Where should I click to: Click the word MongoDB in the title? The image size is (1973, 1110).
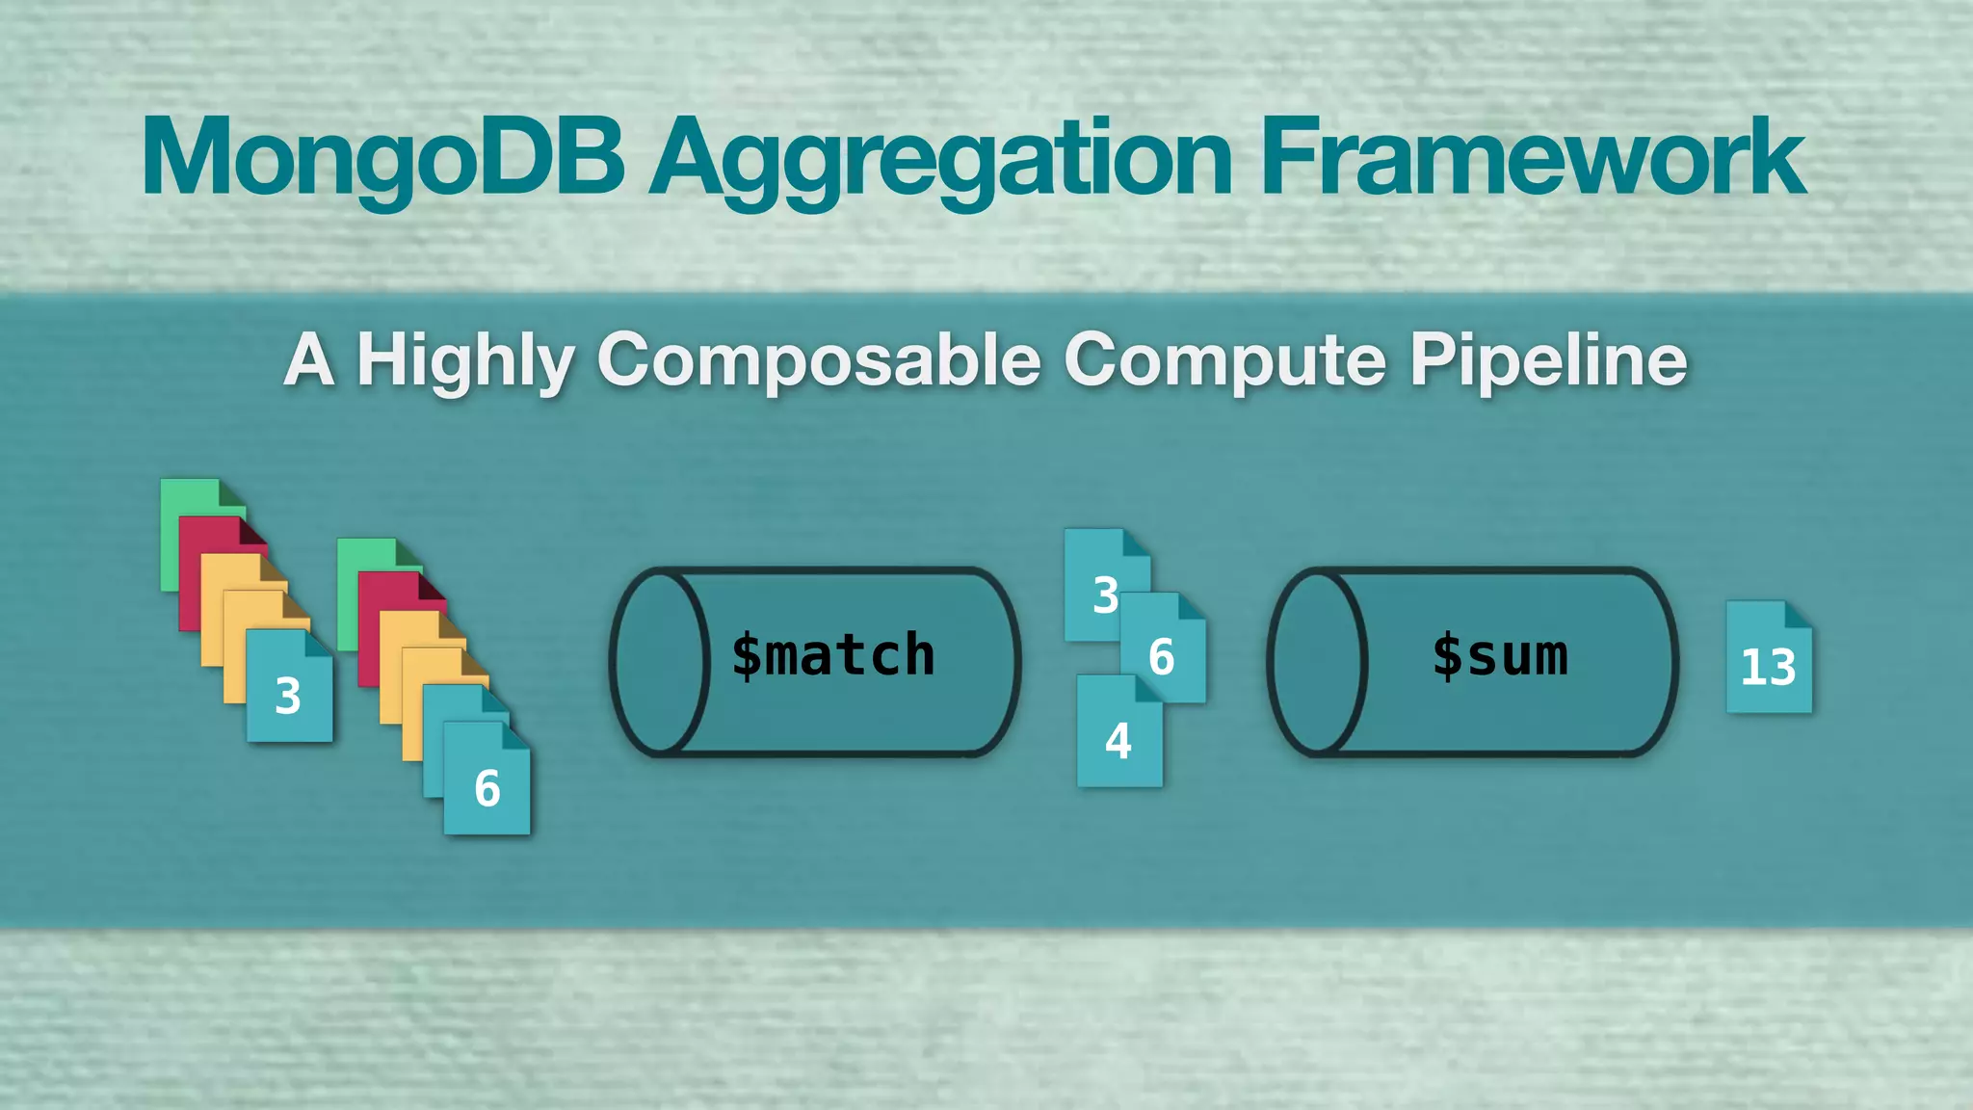[x=383, y=157]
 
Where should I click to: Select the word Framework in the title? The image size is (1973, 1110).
[x=1532, y=157]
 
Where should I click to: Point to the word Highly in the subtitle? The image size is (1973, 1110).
[x=465, y=361]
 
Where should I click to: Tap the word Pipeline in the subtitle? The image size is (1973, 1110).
[x=1548, y=361]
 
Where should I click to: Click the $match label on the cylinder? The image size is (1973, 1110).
[x=832, y=656]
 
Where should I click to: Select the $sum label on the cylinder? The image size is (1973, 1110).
[x=1499, y=656]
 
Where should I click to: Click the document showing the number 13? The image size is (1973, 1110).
[x=1769, y=659]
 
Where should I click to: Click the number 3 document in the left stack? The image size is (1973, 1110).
[x=289, y=688]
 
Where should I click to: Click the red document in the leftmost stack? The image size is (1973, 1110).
[x=202, y=535]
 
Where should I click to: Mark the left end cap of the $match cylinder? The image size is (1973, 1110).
[x=659, y=661]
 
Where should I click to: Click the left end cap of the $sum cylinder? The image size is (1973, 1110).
[x=1317, y=661]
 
